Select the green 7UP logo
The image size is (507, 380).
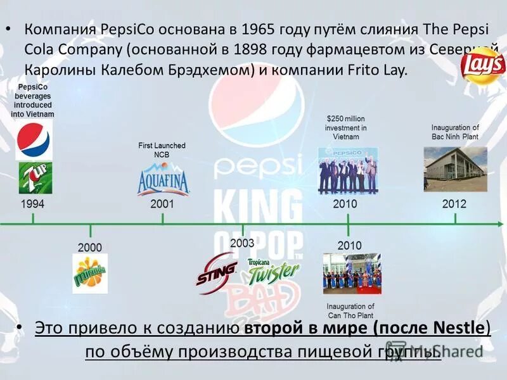coord(35,177)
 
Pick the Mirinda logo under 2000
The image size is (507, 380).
coord(90,273)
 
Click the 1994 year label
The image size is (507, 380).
coord(33,205)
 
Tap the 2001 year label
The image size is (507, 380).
coord(162,205)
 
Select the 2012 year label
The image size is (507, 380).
coord(454,204)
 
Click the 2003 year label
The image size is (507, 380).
coord(242,243)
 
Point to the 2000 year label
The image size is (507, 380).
coord(89,246)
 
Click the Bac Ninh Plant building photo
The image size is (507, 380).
coord(455,169)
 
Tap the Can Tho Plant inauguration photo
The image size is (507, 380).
coord(352,274)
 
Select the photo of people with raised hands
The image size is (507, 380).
coord(347,169)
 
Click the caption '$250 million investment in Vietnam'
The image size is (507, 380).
coord(346,127)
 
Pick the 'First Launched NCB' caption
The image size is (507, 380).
coord(162,150)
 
